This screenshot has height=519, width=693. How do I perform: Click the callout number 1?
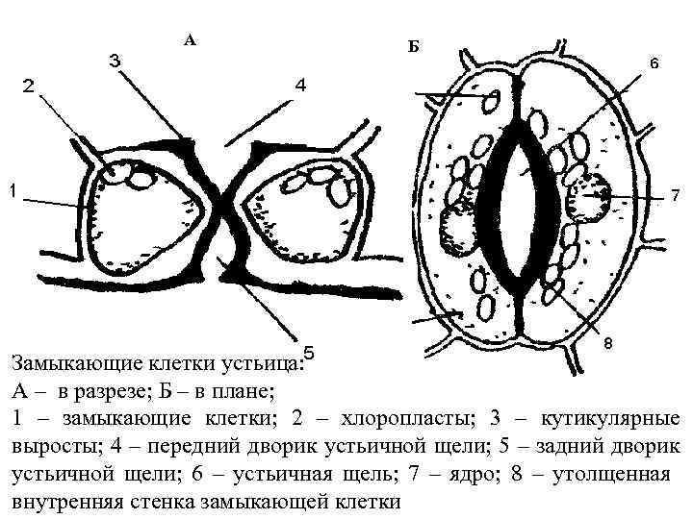pos(12,191)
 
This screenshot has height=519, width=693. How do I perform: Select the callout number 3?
pos(114,61)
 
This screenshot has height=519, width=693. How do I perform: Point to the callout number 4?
pos(300,86)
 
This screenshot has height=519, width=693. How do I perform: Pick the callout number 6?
pos(654,64)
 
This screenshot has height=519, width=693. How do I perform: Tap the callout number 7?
pos(675,196)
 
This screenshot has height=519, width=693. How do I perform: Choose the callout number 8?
pos(609,343)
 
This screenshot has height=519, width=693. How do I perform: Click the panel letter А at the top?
pos(190,39)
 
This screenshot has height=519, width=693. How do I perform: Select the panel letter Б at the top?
pos(413,46)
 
